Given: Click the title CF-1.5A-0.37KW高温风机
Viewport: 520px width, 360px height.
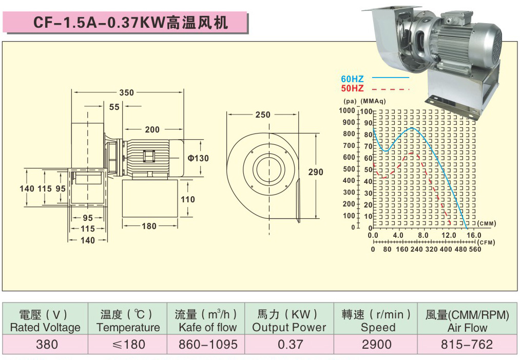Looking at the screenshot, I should [130, 23].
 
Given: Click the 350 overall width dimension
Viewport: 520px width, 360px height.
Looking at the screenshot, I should [126, 93].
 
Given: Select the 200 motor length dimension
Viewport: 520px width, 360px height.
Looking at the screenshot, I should [152, 130].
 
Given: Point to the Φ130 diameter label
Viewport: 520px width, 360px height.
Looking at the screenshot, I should [198, 158].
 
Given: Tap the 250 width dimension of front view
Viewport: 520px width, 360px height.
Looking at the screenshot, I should [263, 115].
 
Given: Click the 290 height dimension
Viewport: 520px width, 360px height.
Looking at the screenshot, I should [316, 172].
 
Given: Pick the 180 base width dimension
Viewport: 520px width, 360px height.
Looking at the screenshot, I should [149, 226].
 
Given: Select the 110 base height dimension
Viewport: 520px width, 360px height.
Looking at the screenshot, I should [188, 199].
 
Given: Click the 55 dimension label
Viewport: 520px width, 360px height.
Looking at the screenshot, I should [114, 107].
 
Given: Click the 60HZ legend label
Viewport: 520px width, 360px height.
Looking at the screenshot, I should [352, 79].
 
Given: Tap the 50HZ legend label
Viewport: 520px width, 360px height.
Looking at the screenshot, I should [352, 88].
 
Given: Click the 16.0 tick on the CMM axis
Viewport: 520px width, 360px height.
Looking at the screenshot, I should [474, 235].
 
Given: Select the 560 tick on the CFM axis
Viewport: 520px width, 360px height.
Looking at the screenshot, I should [475, 249].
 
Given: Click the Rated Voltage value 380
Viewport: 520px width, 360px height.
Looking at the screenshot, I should [47, 344].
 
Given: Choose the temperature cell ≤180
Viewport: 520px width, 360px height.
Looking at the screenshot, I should [128, 344].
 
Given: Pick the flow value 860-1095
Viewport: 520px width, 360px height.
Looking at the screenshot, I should [208, 344].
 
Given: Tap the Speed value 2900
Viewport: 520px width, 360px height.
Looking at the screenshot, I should [377, 344].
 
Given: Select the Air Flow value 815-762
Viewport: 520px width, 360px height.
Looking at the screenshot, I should [467, 344].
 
